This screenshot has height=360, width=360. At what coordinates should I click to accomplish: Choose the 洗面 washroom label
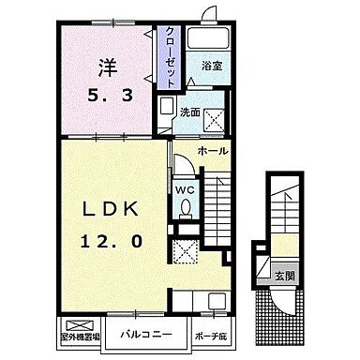coord(191,112)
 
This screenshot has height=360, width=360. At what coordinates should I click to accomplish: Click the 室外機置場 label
coord(82,335)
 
